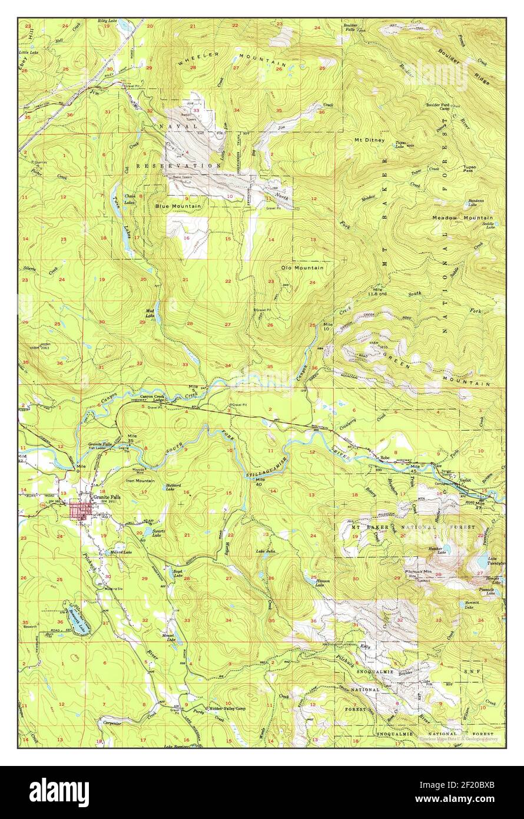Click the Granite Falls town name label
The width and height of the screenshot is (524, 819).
coord(107,497)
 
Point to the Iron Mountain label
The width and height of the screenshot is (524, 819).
coord(141,481)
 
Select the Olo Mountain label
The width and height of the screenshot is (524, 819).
coord(302,268)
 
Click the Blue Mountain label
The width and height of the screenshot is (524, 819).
coord(178,206)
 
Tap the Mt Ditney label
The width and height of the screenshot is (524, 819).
coord(369,140)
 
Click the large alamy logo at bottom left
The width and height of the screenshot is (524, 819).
coord(59,792)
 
